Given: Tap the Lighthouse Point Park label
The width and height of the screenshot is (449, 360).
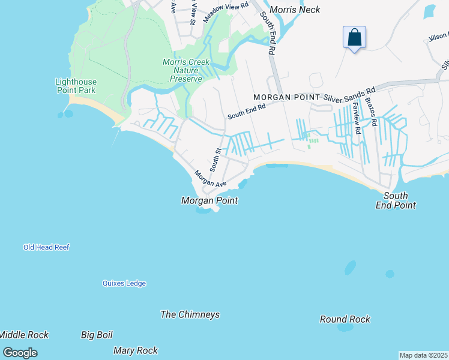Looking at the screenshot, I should point(76,86).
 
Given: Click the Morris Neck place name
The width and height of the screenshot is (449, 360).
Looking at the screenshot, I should point(295,10).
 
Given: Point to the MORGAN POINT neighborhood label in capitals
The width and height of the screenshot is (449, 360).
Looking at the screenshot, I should point(287,97).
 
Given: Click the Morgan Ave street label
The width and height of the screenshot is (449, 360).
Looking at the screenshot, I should point(209,178).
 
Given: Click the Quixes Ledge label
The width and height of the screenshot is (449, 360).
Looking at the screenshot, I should point(124,283).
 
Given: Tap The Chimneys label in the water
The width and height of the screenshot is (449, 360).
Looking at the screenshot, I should point(190,314).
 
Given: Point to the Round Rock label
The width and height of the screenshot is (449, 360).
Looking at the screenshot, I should point(345,319).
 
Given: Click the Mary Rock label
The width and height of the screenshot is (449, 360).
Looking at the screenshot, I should point(136,350).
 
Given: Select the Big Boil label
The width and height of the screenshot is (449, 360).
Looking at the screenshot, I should point(97,335).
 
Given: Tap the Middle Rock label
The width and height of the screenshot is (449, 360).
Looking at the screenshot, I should point(24,335).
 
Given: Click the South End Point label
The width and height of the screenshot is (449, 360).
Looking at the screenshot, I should point(396,200).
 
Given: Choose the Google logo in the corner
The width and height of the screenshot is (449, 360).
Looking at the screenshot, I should point(20,353).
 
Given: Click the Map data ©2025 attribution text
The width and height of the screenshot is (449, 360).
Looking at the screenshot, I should point(424,355).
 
